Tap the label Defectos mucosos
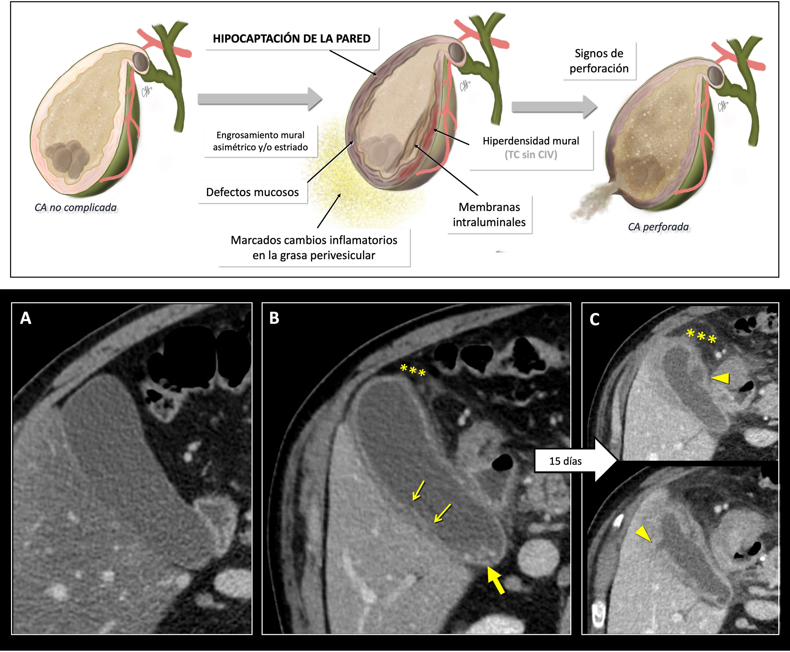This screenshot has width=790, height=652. point(252,192)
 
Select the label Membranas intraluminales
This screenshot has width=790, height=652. point(489,215)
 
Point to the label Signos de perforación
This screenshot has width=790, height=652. point(599,61)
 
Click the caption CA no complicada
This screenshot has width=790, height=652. point(75,207)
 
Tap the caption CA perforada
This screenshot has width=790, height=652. point(658,227)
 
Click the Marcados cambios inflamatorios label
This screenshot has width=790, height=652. point(314,247)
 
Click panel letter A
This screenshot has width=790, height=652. point(25,318)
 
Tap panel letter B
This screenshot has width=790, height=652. point(274,318)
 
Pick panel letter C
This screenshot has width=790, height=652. point(594,319)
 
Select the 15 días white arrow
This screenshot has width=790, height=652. point(575,461)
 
